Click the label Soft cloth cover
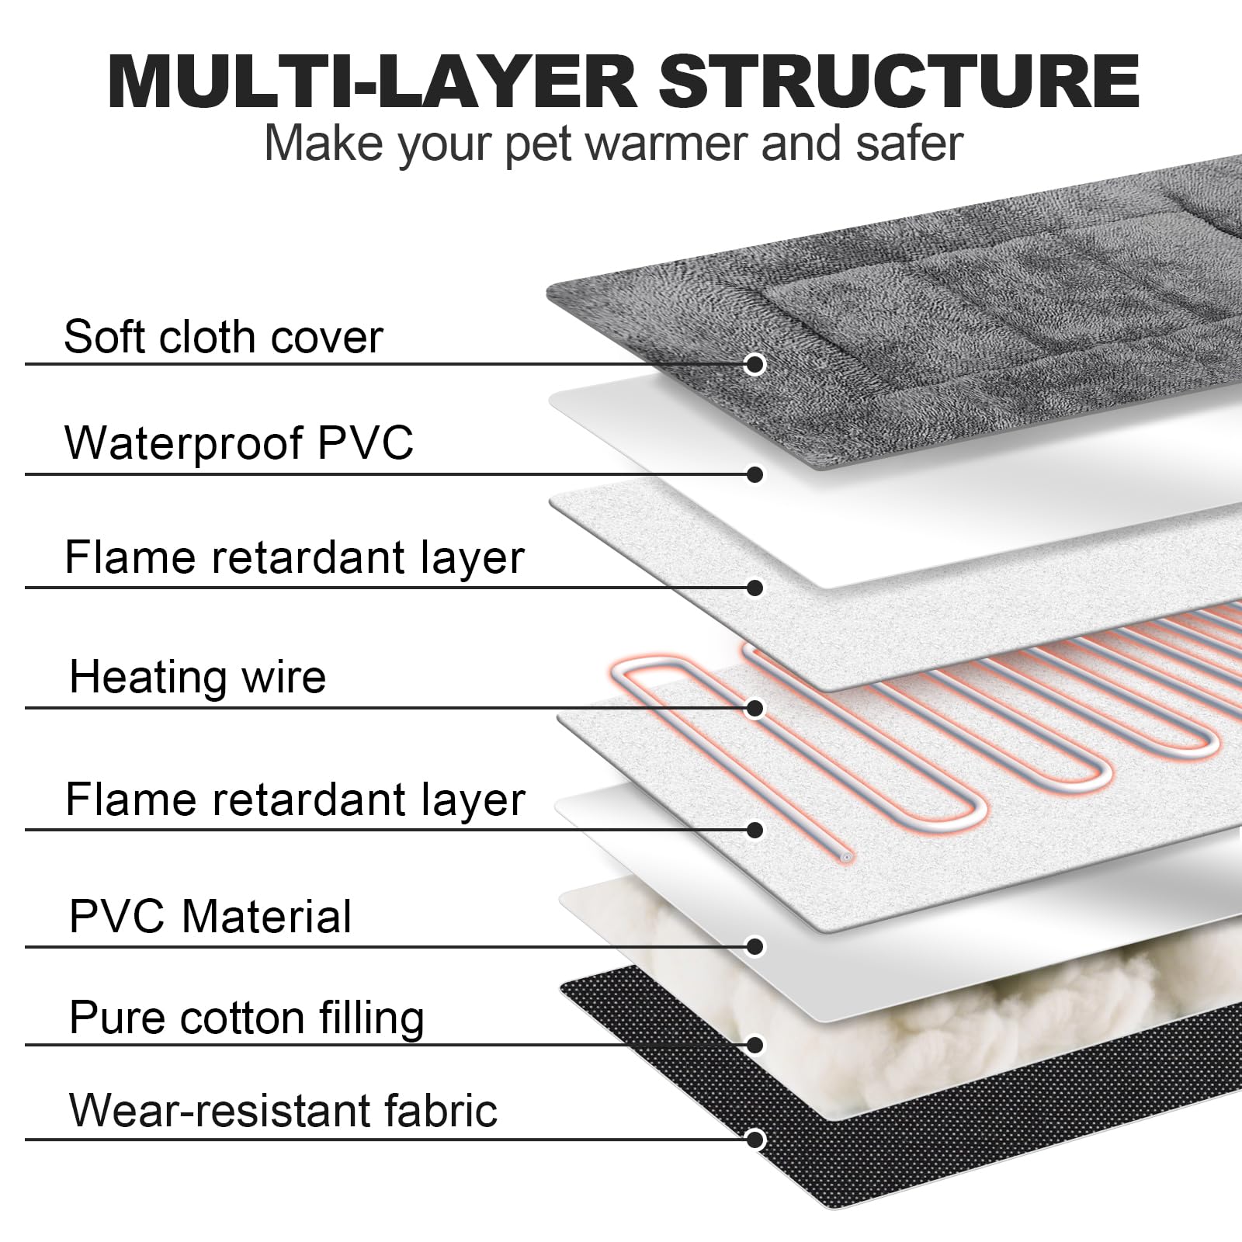[x=224, y=337]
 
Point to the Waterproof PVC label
[x=239, y=442]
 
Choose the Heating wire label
[x=198, y=677]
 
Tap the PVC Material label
[x=210, y=916]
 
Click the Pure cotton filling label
[x=247, y=1018]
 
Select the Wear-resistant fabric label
[x=283, y=1111]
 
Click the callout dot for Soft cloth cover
[x=755, y=364]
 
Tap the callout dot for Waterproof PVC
[x=755, y=474]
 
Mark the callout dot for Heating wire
[x=755, y=708]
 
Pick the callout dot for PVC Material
[x=755, y=946]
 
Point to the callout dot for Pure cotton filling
[x=755, y=1045]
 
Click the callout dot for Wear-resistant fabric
[x=755, y=1140]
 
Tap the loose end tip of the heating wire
[x=846, y=857]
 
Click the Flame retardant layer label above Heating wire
[x=295, y=557]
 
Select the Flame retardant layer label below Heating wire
[x=296, y=800]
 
